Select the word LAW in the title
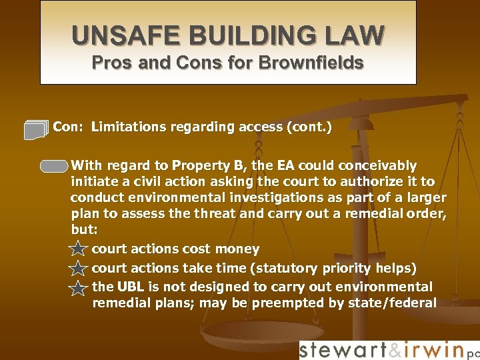(360, 35)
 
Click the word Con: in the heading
(68, 127)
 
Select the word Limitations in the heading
(130, 127)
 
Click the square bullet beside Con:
(36, 129)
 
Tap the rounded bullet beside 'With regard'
(54, 166)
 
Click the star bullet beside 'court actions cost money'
(78, 250)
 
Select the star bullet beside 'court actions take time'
(78, 269)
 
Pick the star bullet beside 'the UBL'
(78, 288)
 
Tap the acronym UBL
(131, 287)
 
